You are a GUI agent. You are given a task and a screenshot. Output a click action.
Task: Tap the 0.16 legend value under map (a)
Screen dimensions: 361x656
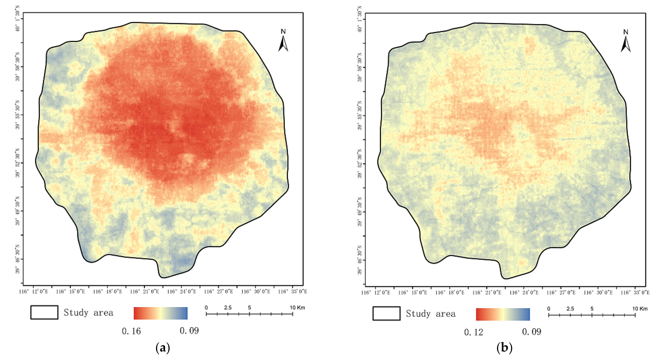point(131,331)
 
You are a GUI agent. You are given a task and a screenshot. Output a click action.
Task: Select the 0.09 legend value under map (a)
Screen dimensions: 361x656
point(189,331)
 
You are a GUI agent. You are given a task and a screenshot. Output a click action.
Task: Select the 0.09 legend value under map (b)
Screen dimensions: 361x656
point(532,332)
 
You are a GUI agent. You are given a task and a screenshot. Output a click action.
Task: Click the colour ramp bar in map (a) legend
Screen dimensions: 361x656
point(161,313)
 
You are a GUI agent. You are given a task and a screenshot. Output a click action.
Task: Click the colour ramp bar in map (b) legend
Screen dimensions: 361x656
point(503,314)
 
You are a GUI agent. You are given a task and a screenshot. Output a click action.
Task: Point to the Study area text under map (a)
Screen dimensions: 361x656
point(88,313)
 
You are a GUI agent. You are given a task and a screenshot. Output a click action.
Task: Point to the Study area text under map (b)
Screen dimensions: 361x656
point(431,314)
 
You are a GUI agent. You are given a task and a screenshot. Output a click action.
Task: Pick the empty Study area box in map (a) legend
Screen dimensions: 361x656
point(44,312)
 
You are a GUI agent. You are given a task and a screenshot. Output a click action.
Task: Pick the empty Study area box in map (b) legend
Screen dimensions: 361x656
point(386,313)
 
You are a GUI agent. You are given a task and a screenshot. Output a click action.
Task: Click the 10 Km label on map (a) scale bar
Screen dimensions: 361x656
point(297,308)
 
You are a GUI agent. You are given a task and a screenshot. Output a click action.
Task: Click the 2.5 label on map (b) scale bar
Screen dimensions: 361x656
point(570,309)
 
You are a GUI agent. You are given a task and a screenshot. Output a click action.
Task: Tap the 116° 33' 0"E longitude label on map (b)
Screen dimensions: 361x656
point(637,292)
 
